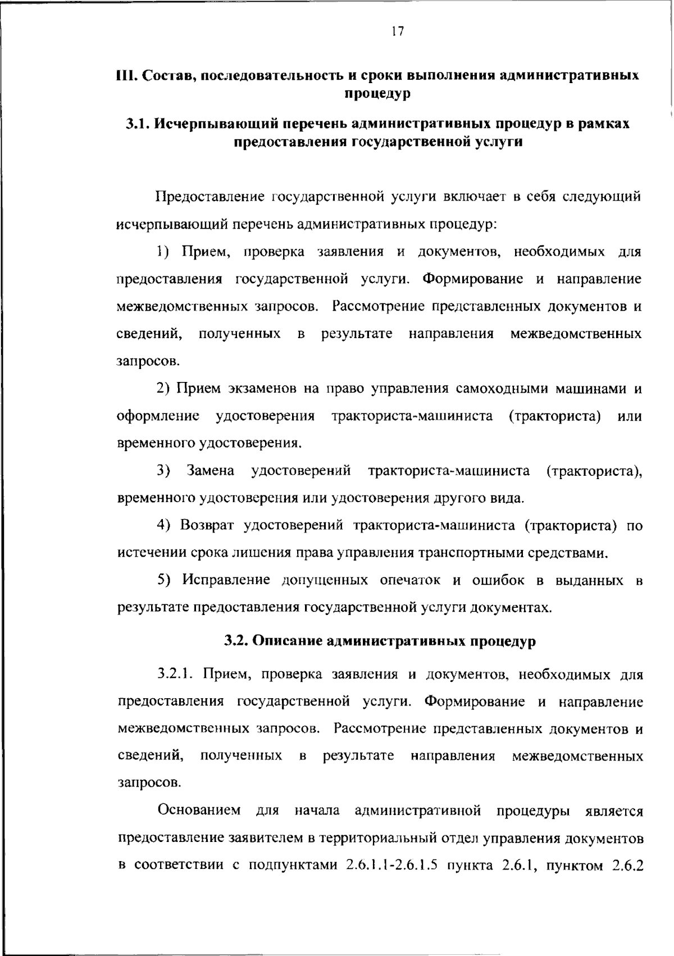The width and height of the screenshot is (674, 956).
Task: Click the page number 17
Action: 397,31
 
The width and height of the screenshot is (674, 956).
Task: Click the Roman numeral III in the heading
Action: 124,75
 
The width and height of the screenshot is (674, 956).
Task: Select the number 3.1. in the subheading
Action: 137,124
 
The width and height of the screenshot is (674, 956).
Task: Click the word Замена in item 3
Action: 211,471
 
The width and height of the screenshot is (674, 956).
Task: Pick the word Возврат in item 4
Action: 209,526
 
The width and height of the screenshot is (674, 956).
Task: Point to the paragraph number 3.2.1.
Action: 175,674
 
